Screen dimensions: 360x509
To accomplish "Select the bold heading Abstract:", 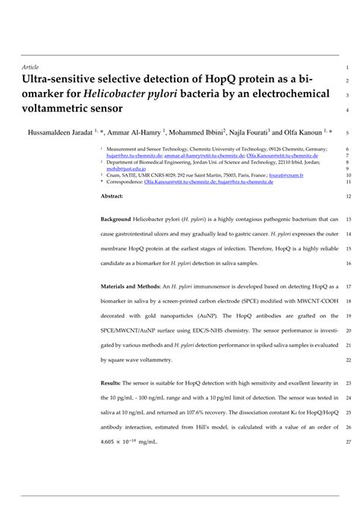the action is point(113,194).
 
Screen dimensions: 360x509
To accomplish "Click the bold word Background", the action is point(120,219).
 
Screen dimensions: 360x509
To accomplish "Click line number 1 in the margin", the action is point(346,66).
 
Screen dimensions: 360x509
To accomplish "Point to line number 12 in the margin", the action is point(346,194).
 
